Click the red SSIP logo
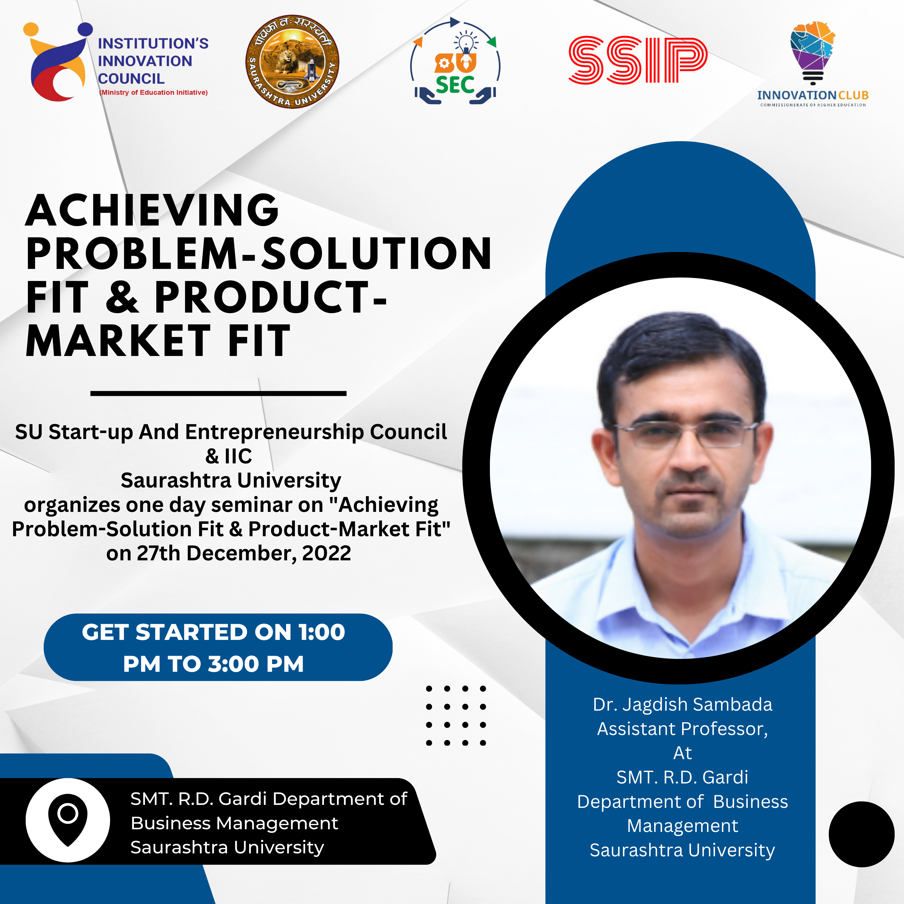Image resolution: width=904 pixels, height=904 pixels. pyautogui.click(x=638, y=60)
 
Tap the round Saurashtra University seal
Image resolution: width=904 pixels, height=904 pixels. pyautogui.click(x=292, y=61)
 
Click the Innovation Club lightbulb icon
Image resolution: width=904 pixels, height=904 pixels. pyautogui.click(x=813, y=52)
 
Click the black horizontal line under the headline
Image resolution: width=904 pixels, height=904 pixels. pyautogui.click(x=218, y=393)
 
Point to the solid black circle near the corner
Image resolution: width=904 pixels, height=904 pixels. pyautogui.click(x=861, y=834)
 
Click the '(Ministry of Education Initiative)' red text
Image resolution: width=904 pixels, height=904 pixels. pyautogui.click(x=153, y=93)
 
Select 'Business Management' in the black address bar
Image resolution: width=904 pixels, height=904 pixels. pyautogui.click(x=234, y=823)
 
